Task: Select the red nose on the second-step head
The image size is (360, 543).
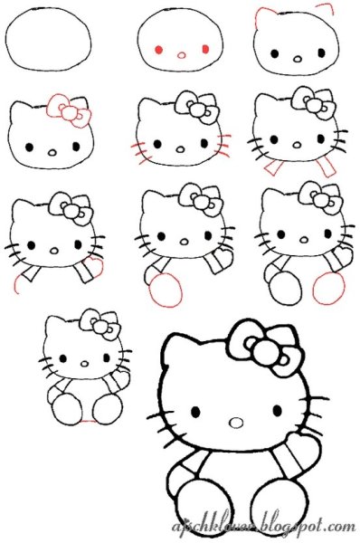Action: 181,54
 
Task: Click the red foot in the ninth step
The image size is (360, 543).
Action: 327,289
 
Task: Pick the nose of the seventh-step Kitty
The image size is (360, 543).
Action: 53,248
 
